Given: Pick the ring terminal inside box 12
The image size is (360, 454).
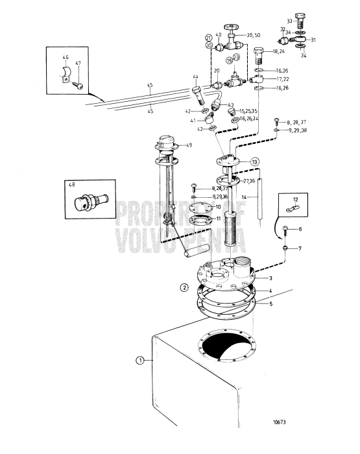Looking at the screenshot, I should point(293,209).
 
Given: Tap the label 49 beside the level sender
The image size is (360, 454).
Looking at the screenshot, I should point(189,145).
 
